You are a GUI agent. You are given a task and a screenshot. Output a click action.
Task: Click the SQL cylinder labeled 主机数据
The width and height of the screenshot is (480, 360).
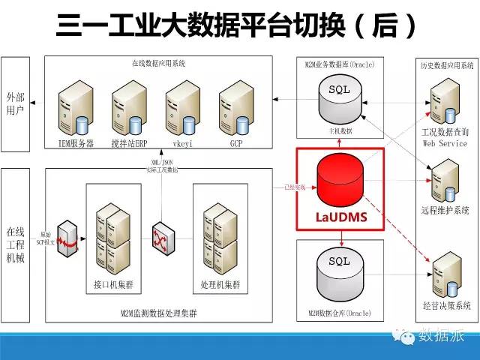340,102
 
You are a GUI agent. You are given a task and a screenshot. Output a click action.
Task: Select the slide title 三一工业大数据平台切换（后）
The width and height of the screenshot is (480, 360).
237,27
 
